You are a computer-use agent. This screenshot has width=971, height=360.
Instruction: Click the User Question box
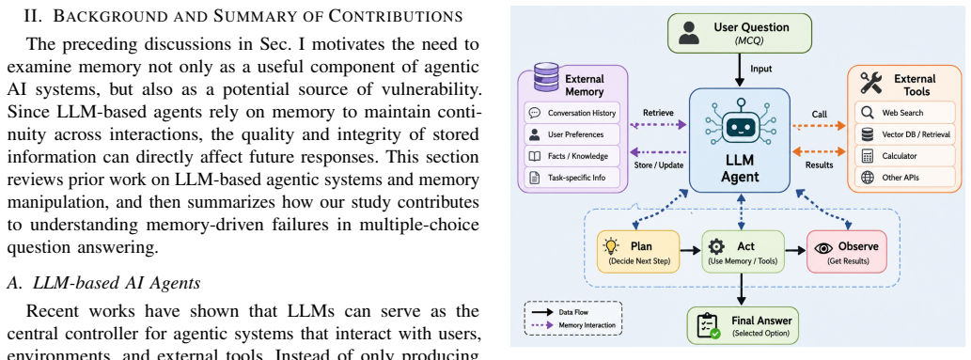[739, 34]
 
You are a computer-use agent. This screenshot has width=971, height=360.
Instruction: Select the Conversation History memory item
[572, 113]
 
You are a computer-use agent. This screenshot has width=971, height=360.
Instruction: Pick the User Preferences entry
[572, 133]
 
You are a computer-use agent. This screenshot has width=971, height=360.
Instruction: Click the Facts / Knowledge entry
[572, 155]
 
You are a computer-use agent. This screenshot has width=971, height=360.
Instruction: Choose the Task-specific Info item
[572, 178]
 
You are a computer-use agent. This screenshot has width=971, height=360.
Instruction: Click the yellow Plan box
[638, 251]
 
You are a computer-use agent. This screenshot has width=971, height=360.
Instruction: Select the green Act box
[743, 251]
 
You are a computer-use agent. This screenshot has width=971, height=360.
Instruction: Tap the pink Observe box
[847, 251]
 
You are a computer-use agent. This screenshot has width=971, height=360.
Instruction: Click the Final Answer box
[743, 325]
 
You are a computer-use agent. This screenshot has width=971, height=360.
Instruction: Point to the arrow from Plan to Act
[690, 250]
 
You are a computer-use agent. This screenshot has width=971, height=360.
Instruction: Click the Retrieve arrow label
[658, 113]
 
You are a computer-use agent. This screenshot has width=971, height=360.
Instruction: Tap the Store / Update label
[659, 164]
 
